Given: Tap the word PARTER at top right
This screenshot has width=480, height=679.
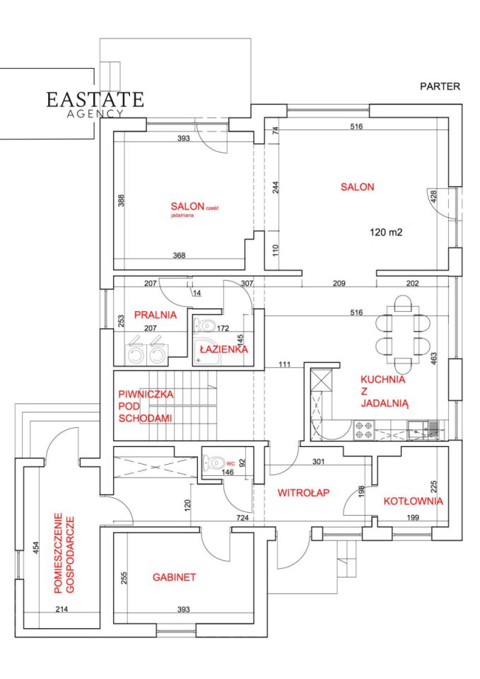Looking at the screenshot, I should click(x=440, y=86).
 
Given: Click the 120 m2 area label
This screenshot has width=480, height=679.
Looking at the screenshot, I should click(x=386, y=231).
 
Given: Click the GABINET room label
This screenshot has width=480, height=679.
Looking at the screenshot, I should click(x=174, y=577).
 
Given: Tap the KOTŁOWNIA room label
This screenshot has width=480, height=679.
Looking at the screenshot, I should click(x=413, y=501).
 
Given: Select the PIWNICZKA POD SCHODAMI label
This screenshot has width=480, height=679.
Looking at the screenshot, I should click(x=146, y=406).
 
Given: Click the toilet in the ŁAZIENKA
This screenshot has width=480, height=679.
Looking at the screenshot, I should click(x=205, y=326).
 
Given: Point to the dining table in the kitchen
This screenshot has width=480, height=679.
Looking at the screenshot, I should click(x=402, y=334).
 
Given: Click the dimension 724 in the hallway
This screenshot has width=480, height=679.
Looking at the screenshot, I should click(x=242, y=518).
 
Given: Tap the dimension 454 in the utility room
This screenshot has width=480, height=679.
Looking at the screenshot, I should click(x=35, y=548).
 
